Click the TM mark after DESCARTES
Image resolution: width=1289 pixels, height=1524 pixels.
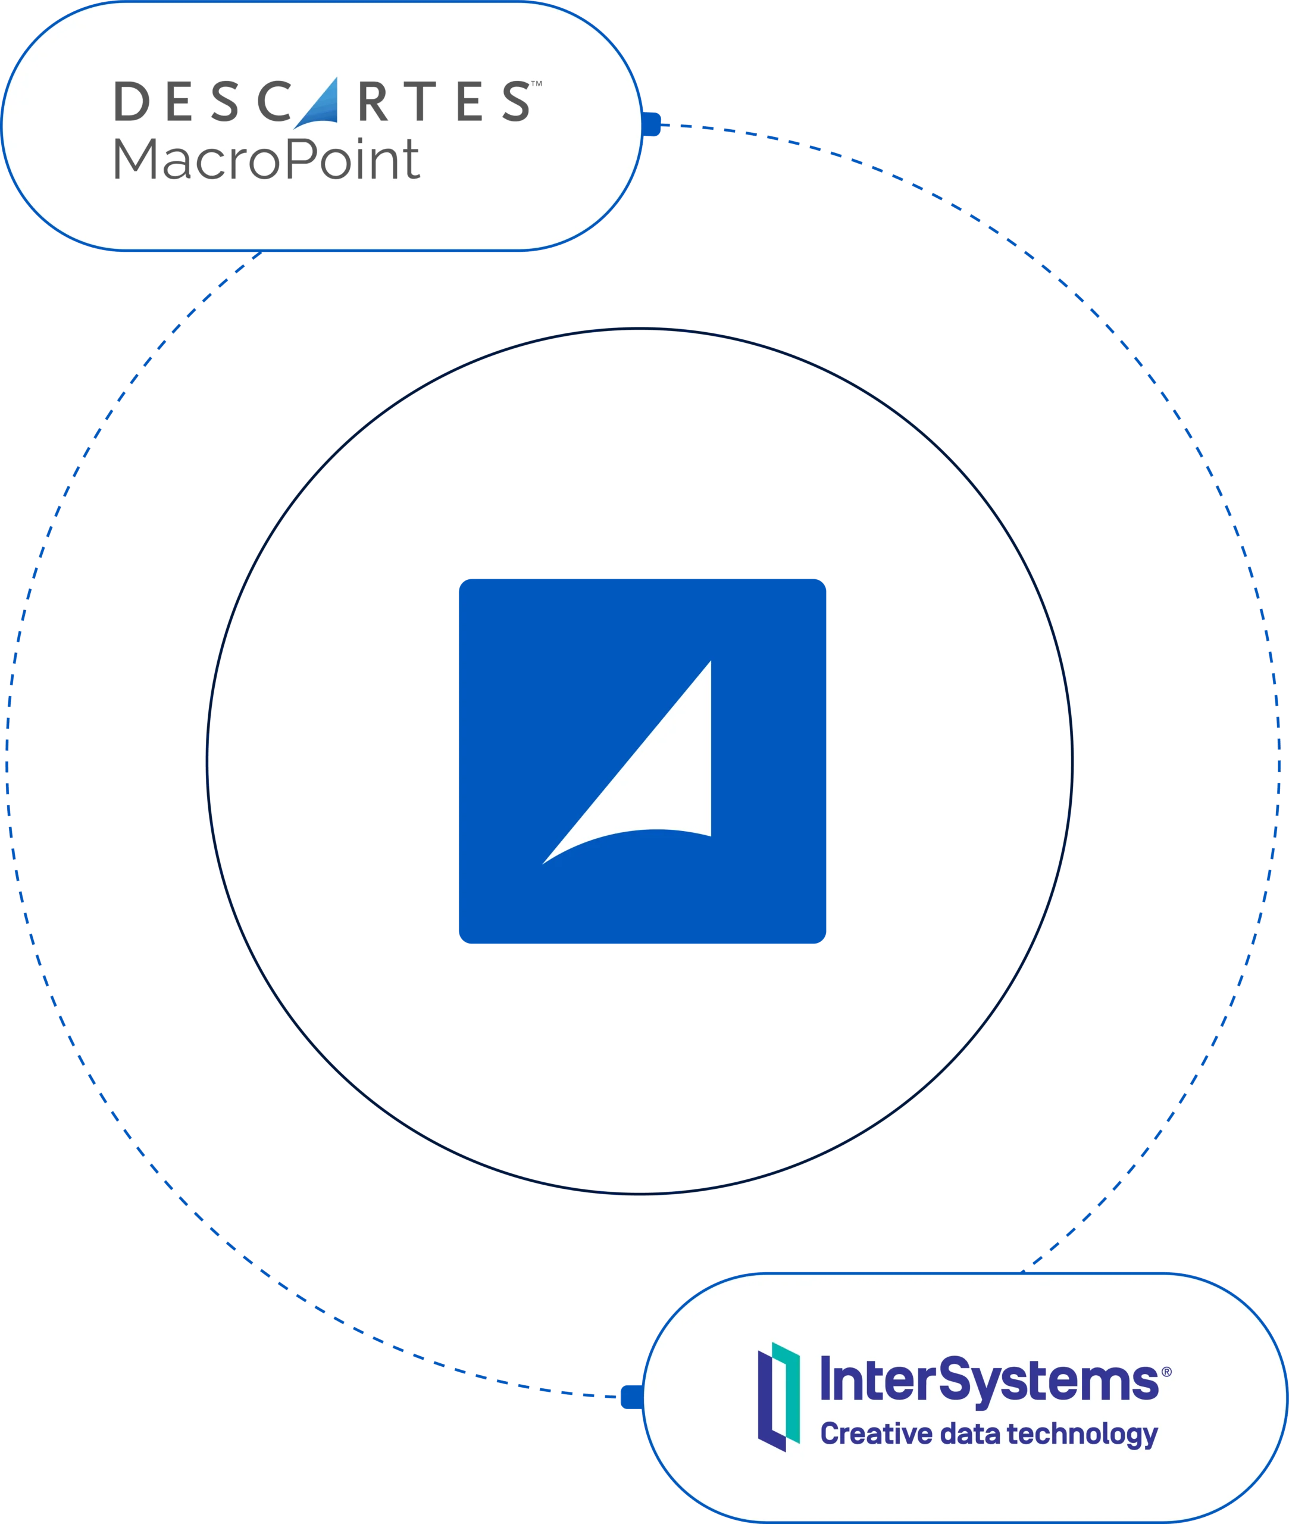coord(536,83)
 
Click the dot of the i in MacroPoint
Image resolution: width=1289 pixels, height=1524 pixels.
coord(360,140)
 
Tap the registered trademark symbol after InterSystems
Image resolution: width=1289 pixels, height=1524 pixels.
coord(1166,1372)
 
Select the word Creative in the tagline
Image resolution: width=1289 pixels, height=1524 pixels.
coord(876,1434)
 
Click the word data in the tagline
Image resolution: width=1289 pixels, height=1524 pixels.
coord(969,1434)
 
